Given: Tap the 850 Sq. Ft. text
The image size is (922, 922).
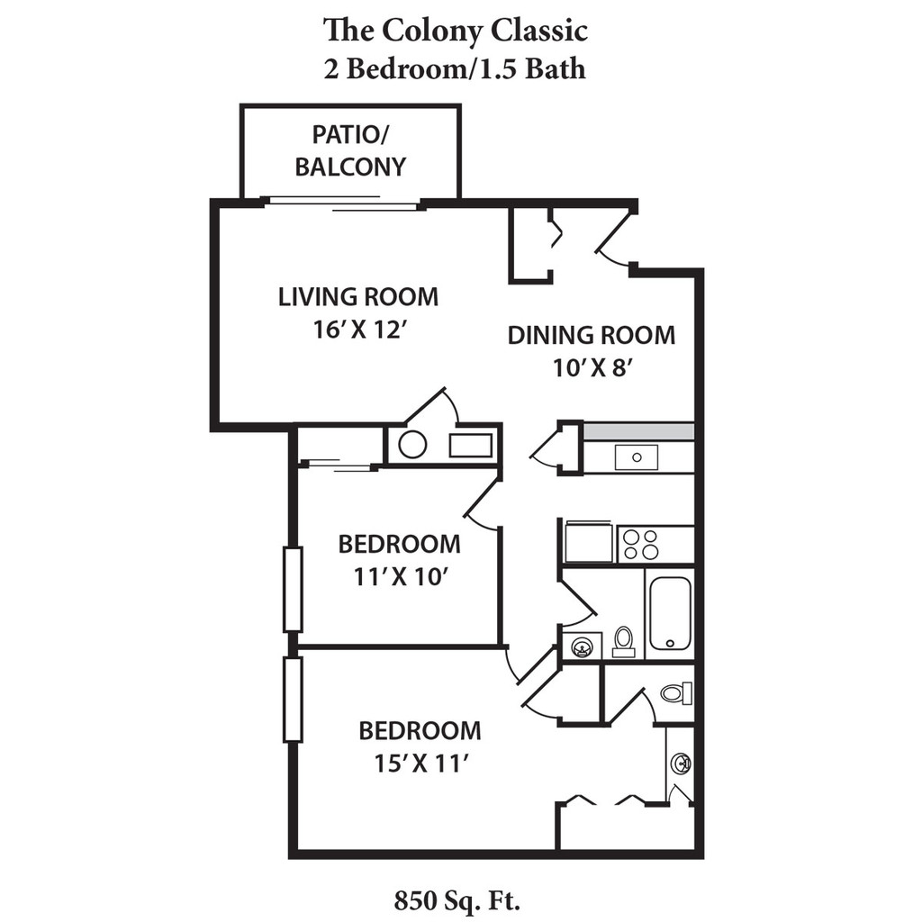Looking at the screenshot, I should [457, 899].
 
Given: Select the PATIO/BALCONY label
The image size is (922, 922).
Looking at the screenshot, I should [350, 151].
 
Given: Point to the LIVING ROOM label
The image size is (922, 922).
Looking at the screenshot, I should [357, 296].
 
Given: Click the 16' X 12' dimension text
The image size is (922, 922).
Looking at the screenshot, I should [357, 330].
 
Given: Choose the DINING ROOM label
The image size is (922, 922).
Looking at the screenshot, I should [591, 336].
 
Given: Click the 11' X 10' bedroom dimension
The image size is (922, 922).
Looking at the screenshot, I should [400, 577].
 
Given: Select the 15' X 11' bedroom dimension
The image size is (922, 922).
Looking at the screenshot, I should [420, 764].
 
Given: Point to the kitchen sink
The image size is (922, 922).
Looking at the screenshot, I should [636, 457].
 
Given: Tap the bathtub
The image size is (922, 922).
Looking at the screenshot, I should [670, 613].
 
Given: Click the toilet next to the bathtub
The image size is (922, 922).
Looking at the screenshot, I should [623, 641].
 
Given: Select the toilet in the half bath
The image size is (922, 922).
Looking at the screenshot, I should [674, 693].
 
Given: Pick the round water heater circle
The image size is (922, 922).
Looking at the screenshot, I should [412, 445].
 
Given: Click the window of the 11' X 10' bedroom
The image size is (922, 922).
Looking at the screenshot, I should [293, 589].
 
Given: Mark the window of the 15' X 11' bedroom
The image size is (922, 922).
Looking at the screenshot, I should [293, 700].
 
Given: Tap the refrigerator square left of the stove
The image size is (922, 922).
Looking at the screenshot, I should [588, 543].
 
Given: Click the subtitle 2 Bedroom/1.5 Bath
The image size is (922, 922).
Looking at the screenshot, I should [455, 69].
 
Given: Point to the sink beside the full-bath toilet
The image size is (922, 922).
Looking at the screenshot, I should [583, 646].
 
